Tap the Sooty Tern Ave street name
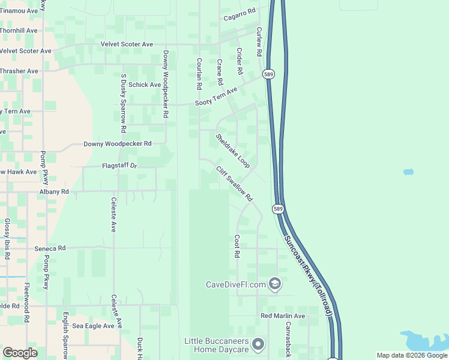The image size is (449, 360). [216, 97]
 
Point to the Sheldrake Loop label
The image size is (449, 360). [233, 151]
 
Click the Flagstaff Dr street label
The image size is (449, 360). [119, 165]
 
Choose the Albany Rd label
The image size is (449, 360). [54, 191]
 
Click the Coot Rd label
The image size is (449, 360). [237, 246]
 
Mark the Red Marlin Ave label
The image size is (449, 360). [283, 316]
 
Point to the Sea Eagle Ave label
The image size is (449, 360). [93, 326]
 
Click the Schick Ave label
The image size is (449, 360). [145, 85]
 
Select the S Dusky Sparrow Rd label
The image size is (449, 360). [123, 103]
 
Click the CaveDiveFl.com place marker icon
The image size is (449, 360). [275, 283]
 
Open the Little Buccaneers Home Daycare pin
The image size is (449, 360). [258, 344]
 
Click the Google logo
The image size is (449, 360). [20, 353]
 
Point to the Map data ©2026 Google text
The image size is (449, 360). [411, 355]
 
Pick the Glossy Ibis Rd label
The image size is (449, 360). [7, 238]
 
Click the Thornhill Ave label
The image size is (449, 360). [19, 30]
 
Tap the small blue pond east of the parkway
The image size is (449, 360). [408, 172]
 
